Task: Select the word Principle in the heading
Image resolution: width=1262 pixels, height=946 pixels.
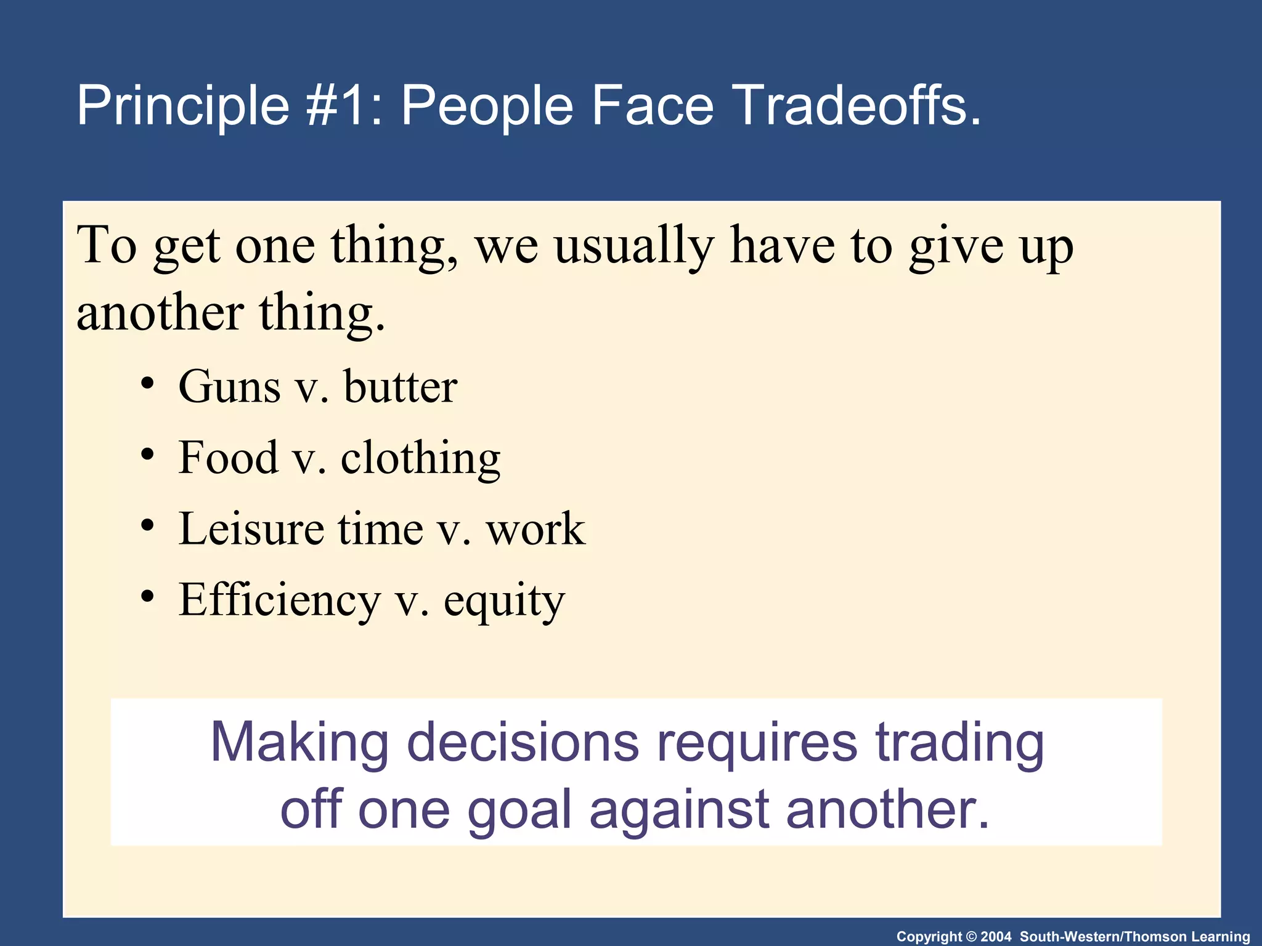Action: [x=183, y=106]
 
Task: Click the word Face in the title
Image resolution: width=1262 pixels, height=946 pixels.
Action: [x=652, y=106]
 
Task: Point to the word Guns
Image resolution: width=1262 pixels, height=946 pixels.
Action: [x=229, y=387]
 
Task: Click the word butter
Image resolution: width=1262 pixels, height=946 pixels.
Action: [x=401, y=387]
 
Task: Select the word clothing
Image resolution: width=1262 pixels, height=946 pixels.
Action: [x=420, y=459]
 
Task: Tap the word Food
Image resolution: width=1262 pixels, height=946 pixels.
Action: [x=228, y=458]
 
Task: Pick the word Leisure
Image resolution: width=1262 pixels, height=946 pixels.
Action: [x=251, y=529]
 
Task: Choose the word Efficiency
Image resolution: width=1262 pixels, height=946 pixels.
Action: [x=279, y=600]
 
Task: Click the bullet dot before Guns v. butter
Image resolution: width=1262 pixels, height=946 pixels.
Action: [x=147, y=384]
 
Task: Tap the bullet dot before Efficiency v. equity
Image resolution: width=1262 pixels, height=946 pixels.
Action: [x=147, y=597]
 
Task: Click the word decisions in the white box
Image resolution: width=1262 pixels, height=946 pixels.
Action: [x=523, y=742]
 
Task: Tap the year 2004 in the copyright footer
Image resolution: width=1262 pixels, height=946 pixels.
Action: [x=996, y=937]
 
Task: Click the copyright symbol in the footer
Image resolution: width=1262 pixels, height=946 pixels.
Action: [x=972, y=937]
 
